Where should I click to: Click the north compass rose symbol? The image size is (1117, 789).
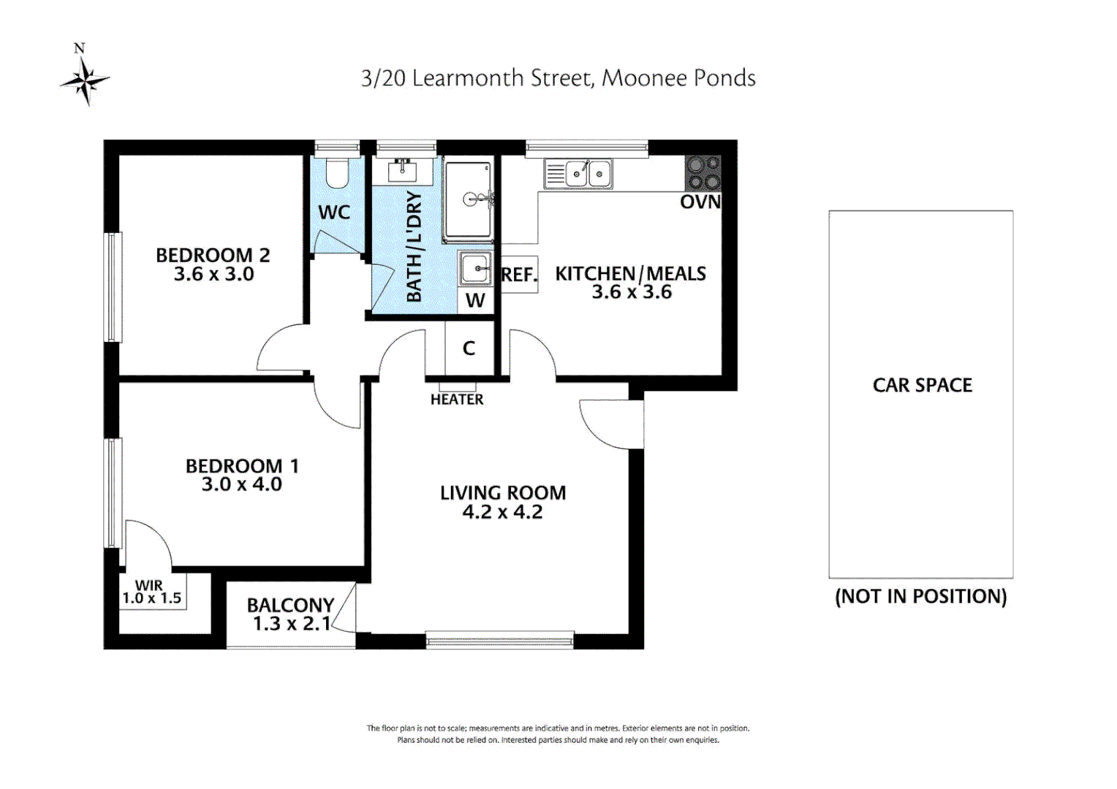[85, 80]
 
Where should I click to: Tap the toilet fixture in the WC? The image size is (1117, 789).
[336, 173]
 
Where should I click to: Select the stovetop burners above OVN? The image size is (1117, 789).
[703, 173]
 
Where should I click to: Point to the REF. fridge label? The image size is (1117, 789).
[519, 275]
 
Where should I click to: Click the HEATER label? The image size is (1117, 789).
[457, 400]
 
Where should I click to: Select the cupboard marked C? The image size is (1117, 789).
[469, 348]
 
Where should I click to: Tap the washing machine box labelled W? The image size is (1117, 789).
[475, 300]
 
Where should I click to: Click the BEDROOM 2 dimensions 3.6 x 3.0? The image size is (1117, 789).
[213, 275]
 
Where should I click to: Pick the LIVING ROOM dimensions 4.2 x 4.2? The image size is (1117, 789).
[502, 512]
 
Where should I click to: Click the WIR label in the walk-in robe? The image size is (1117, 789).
[149, 585]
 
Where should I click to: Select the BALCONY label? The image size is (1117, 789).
[290, 605]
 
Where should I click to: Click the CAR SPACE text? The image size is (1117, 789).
[922, 385]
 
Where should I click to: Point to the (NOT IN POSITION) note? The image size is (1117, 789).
[920, 596]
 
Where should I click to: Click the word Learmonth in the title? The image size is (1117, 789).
[468, 78]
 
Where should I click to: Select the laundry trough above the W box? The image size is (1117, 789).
[477, 268]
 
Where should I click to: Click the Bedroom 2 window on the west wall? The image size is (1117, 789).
[113, 286]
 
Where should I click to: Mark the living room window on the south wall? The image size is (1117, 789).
[499, 641]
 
